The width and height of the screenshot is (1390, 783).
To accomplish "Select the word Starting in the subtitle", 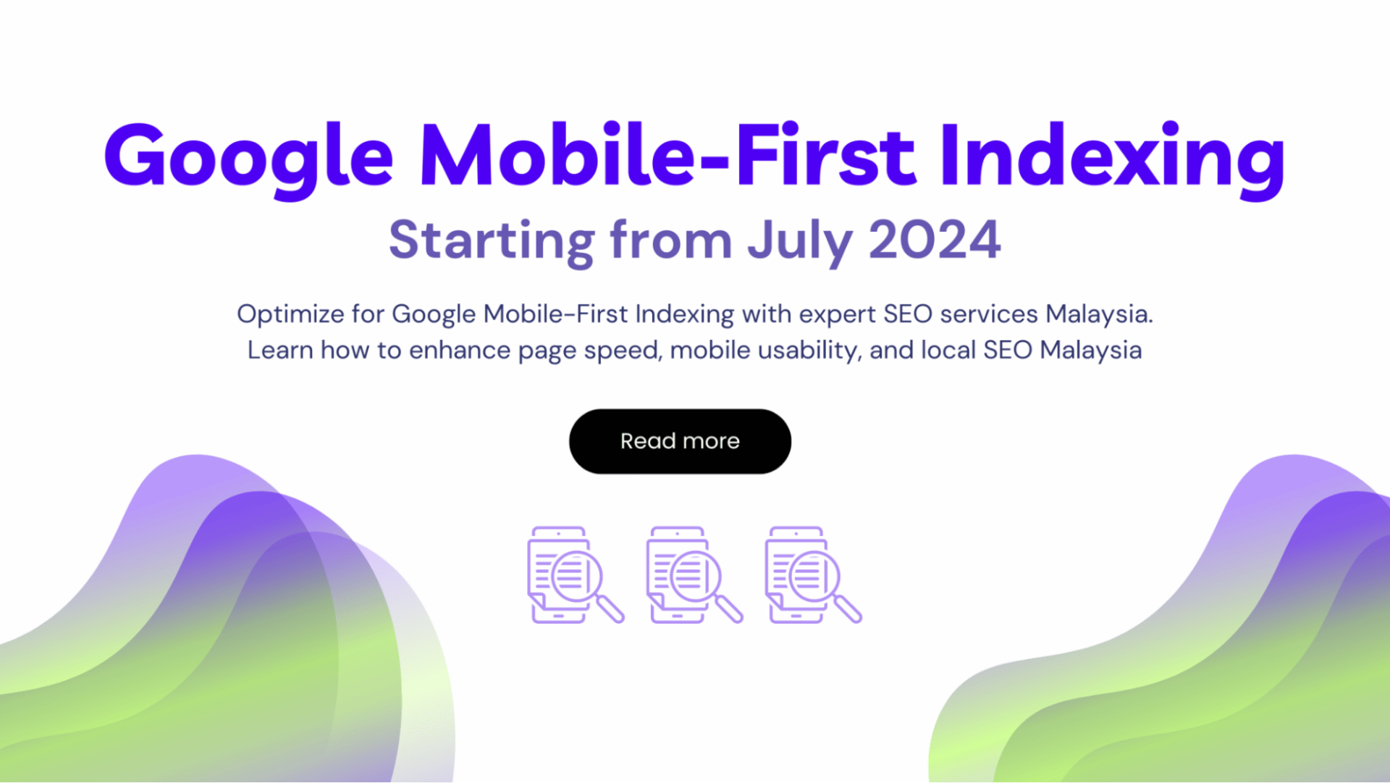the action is click(492, 241).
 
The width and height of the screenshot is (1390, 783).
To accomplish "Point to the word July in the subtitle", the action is click(801, 241).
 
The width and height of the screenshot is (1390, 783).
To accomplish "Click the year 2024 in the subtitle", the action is click(935, 240).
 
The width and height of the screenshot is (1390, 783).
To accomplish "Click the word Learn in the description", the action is click(280, 351).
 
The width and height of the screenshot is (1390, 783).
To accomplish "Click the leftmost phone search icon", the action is click(576, 575).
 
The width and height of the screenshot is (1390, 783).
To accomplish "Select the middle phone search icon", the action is click(694, 575).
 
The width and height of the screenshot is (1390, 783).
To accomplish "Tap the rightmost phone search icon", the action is click(813, 575).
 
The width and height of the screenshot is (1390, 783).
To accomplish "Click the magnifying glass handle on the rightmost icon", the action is click(847, 608).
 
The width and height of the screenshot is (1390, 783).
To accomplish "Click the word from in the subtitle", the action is click(671, 241).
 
